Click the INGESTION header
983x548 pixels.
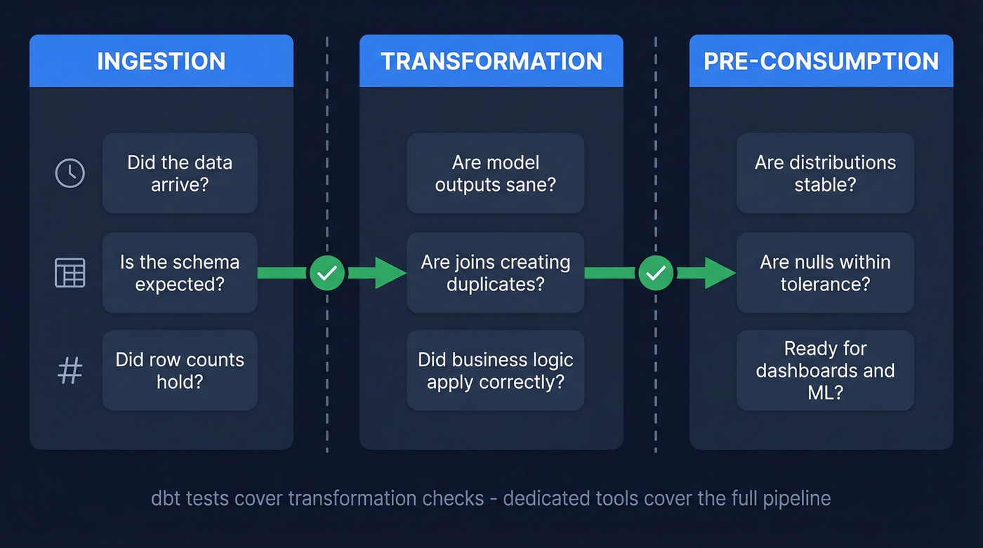click(161, 61)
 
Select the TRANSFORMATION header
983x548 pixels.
click(491, 61)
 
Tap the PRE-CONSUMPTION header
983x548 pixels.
click(821, 61)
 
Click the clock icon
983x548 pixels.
click(70, 173)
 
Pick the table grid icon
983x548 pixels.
click(70, 272)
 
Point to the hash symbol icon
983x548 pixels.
click(70, 370)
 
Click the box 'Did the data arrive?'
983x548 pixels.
click(180, 173)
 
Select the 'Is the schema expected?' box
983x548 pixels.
click(180, 272)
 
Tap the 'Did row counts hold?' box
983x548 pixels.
click(180, 370)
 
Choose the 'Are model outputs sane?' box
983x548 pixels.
click(495, 173)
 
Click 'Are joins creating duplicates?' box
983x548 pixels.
click(495, 272)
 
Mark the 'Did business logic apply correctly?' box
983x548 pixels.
click(495, 370)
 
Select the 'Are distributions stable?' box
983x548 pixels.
click(825, 173)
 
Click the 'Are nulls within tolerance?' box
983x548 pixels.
click(825, 272)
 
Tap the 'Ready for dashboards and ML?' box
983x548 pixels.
click(825, 370)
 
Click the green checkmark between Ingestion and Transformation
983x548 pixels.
click(327, 273)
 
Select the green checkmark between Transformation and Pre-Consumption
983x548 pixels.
click(656, 273)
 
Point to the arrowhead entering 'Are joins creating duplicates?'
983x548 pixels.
click(390, 273)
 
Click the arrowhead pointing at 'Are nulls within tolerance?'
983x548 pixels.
click(719, 273)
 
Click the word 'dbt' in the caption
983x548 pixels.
click(166, 499)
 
